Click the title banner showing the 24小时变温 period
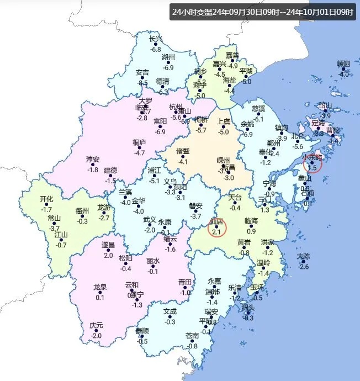(262, 12)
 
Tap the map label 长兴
(156, 39)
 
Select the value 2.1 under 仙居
(216, 232)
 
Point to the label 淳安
(93, 159)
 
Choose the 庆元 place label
(96, 325)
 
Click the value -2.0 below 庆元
(96, 336)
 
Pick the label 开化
(47, 199)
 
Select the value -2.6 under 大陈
(304, 267)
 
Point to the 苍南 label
(192, 336)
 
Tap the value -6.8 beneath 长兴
(156, 49)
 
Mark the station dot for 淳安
(93, 165)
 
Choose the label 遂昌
(108, 245)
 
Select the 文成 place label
(170, 311)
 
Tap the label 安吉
(142, 72)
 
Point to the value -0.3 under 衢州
(82, 221)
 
